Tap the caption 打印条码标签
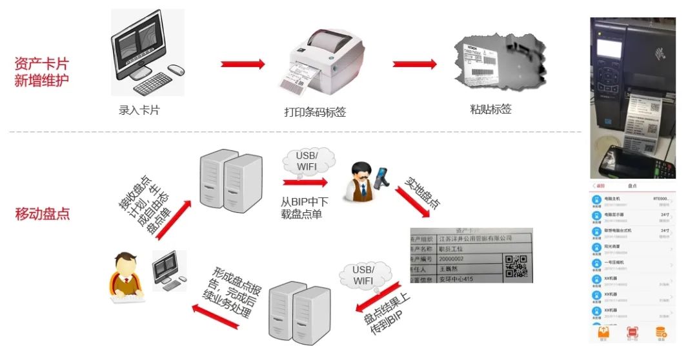click(x=315, y=112)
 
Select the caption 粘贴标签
click(x=490, y=110)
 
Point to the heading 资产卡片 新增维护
click(x=41, y=72)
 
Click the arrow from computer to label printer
click(x=243, y=64)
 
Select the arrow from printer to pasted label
click(x=415, y=64)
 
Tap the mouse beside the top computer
click(x=175, y=69)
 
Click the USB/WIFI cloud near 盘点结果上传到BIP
click(x=363, y=275)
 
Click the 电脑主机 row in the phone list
click(x=632, y=201)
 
